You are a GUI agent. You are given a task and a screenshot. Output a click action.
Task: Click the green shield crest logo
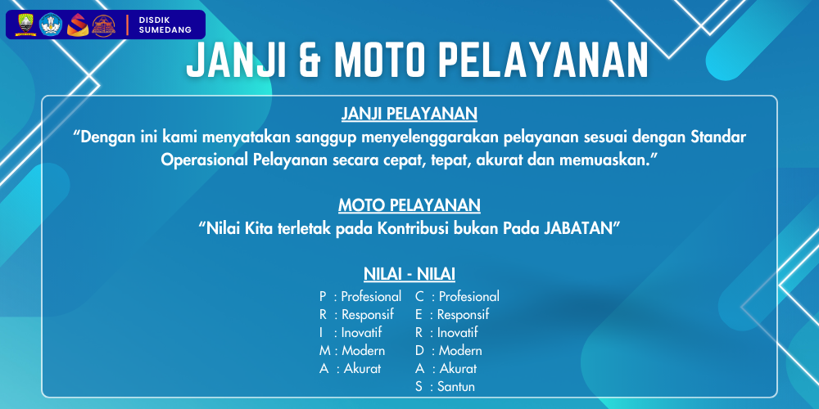pyautogui.click(x=25, y=25)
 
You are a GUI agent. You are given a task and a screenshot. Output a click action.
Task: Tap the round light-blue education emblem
pyautogui.click(x=51, y=25)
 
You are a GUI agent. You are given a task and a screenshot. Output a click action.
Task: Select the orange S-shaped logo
pyautogui.click(x=77, y=25)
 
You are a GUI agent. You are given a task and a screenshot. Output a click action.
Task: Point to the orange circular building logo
pyautogui.click(x=103, y=25)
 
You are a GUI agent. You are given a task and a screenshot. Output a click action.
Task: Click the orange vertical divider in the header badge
pyautogui.click(x=128, y=25)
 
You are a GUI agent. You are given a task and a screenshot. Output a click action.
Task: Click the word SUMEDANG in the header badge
pyautogui.click(x=165, y=30)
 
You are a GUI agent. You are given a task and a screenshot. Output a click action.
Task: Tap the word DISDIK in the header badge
pyautogui.click(x=154, y=20)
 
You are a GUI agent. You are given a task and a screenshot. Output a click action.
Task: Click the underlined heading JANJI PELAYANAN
pyautogui.click(x=409, y=114)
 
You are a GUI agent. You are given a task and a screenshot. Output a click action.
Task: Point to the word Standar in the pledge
pyautogui.click(x=718, y=137)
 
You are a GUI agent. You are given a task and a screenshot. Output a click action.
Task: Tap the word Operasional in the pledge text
pyautogui.click(x=205, y=160)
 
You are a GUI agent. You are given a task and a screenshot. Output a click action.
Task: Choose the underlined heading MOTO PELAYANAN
pyautogui.click(x=409, y=205)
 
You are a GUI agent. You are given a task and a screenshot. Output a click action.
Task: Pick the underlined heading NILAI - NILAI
pyautogui.click(x=409, y=274)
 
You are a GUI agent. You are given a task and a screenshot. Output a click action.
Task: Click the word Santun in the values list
pyautogui.click(x=456, y=387)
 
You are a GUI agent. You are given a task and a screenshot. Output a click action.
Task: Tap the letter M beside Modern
pyautogui.click(x=325, y=351)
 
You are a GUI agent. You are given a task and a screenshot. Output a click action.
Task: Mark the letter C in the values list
pyautogui.click(x=419, y=296)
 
